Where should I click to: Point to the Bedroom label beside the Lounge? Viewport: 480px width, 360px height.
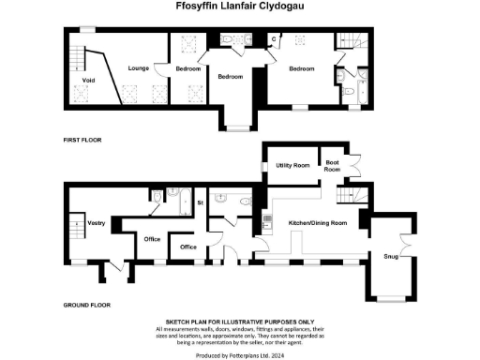[189, 68]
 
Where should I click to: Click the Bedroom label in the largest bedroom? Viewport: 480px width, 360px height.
[302, 68]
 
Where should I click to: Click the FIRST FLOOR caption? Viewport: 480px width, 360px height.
[82, 140]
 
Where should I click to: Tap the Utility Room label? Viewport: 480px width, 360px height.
[292, 165]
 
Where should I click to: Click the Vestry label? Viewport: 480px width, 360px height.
[95, 222]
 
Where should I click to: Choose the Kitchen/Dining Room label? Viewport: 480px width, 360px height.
[318, 222]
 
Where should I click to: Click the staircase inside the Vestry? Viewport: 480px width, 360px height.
[76, 228]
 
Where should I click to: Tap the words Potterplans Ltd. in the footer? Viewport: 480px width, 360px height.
[251, 355]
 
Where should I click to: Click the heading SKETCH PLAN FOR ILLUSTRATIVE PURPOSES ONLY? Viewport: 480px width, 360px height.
[240, 320]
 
